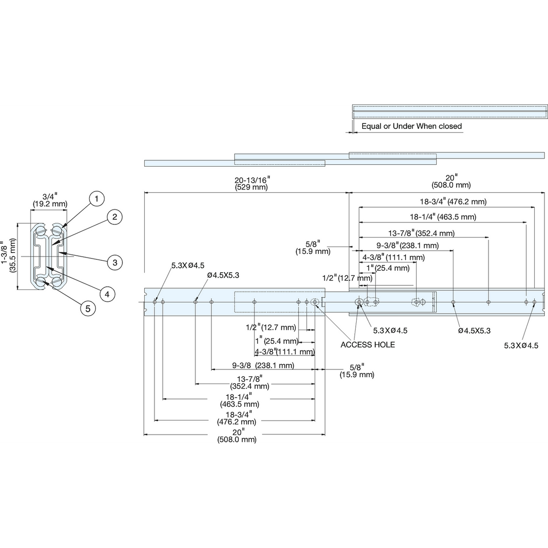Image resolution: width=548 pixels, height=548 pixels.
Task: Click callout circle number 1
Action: click(x=96, y=199)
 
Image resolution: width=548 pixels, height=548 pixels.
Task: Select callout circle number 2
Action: click(x=115, y=217)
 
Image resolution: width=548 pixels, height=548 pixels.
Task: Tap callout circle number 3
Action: click(x=115, y=263)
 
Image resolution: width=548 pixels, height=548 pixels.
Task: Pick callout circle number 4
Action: click(x=107, y=294)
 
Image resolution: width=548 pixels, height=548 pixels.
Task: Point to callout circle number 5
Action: click(x=88, y=309)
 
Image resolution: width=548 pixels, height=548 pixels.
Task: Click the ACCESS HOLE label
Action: click(x=368, y=345)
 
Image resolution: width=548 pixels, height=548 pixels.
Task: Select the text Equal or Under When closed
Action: click(x=411, y=126)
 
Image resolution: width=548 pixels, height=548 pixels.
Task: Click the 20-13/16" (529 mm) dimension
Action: click(x=252, y=184)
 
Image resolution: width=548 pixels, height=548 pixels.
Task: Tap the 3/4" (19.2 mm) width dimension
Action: click(x=50, y=200)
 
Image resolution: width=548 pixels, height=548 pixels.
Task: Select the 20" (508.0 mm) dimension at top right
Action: click(x=451, y=181)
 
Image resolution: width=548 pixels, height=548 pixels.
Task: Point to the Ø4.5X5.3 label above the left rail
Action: click(x=223, y=275)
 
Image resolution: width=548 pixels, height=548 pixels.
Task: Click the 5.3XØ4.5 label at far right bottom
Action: click(x=521, y=346)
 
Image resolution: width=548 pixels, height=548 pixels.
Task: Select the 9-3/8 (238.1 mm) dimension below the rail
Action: click(x=263, y=365)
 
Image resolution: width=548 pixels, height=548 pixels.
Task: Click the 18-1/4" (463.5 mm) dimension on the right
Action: click(x=443, y=217)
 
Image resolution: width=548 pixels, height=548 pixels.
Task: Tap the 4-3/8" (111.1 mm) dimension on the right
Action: click(x=394, y=258)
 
